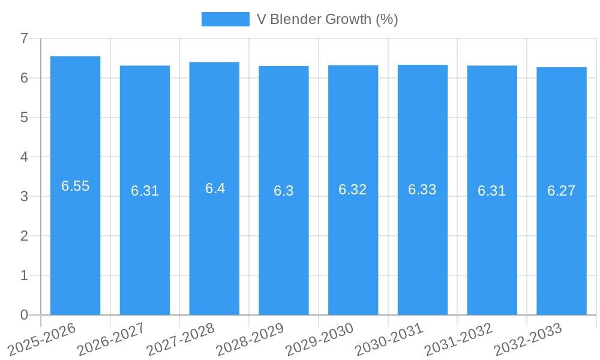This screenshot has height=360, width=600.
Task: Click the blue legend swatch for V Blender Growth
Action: pyautogui.click(x=225, y=19)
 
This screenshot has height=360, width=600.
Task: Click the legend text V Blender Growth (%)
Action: pyautogui.click(x=327, y=19)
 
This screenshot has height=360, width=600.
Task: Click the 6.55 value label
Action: pyautogui.click(x=75, y=186)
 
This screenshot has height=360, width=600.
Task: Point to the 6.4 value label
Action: pyautogui.click(x=215, y=188)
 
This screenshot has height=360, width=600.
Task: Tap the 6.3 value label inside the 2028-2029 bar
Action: pyautogui.click(x=284, y=191)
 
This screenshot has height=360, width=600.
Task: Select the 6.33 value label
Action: pyautogui.click(x=422, y=190)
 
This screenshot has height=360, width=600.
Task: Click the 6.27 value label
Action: pyautogui.click(x=561, y=191)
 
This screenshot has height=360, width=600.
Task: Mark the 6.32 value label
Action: pyautogui.click(x=353, y=190)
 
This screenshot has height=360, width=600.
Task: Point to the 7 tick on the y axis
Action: pyautogui.click(x=24, y=38)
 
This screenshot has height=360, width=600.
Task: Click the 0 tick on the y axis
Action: pyautogui.click(x=24, y=315)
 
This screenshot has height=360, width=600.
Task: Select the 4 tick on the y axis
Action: pyautogui.click(x=24, y=157)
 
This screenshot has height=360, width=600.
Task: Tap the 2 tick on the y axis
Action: pyautogui.click(x=24, y=236)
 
